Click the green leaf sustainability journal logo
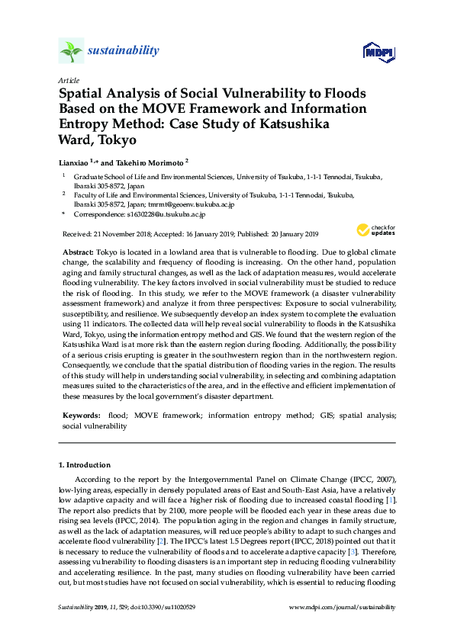click(71, 51)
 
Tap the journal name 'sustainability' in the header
click(123, 51)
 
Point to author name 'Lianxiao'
click(73, 162)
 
